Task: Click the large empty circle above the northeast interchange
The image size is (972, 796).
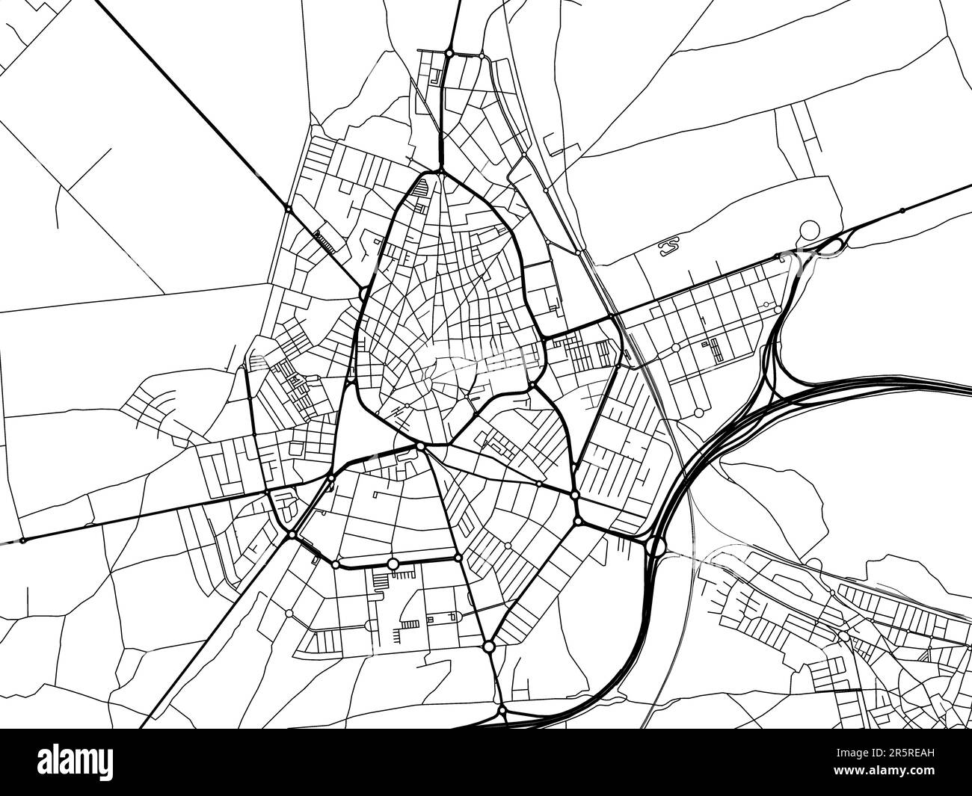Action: coord(809,229)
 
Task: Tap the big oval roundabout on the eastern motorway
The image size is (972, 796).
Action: coord(656,546)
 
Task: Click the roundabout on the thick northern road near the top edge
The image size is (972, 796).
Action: coord(449,53)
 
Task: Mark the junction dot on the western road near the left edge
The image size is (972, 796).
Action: coord(22,540)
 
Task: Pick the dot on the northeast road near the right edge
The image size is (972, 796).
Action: coord(902,210)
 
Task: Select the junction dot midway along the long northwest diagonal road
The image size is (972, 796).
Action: coord(288,209)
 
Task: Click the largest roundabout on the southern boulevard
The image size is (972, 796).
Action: coord(393,564)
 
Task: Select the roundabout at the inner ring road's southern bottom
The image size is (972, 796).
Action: coord(421,447)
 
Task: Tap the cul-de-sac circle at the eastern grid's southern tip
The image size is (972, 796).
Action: coord(698,413)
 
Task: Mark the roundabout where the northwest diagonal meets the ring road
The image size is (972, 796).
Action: coord(363,293)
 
